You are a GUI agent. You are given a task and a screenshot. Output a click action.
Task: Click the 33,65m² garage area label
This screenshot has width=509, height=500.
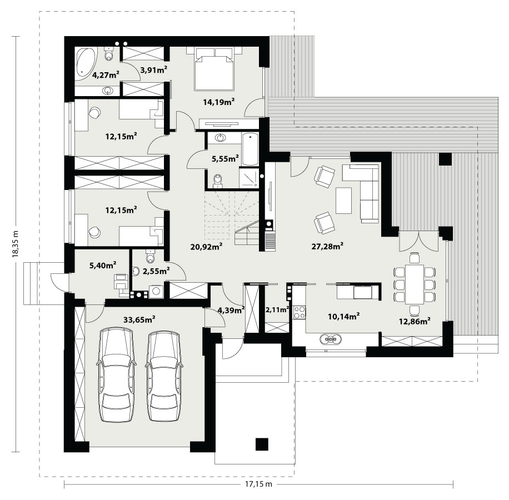[139, 319]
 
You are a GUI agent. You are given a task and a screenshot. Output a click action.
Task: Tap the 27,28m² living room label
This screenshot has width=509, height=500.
[327, 246]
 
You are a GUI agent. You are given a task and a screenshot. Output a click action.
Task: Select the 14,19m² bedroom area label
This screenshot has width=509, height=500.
[219, 102]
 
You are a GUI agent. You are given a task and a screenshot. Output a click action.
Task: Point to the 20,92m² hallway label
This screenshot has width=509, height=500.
[206, 247]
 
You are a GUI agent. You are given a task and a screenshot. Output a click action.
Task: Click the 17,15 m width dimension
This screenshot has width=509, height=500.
[258, 484]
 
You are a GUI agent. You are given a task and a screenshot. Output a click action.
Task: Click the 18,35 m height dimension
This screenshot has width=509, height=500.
[15, 244]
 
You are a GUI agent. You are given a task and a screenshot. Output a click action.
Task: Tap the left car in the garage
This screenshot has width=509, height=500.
[116, 375]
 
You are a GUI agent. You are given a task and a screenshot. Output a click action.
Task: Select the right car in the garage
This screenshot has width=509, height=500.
[164, 376]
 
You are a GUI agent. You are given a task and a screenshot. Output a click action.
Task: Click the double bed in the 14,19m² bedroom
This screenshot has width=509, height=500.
[214, 69]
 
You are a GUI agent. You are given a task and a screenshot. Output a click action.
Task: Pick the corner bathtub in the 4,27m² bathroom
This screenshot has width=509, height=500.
[86, 63]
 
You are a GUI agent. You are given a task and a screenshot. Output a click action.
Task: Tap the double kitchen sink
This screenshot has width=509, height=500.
[331, 339]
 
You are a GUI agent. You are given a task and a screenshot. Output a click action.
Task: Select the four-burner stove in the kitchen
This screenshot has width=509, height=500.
[299, 312]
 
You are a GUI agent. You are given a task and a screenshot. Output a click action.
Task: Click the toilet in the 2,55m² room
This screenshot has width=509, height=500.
[150, 256]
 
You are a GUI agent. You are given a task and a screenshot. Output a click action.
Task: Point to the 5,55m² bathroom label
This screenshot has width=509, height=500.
[225, 159]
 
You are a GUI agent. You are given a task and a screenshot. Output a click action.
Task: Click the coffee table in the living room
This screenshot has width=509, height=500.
[343, 200]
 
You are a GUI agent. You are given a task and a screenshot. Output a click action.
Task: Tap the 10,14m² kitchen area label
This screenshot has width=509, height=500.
[343, 316]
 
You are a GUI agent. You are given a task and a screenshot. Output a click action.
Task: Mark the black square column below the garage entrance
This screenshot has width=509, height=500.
[262, 444]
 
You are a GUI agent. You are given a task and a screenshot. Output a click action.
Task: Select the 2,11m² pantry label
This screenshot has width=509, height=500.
[277, 310]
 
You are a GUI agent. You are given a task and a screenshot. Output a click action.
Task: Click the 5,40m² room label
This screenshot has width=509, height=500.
[103, 266]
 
